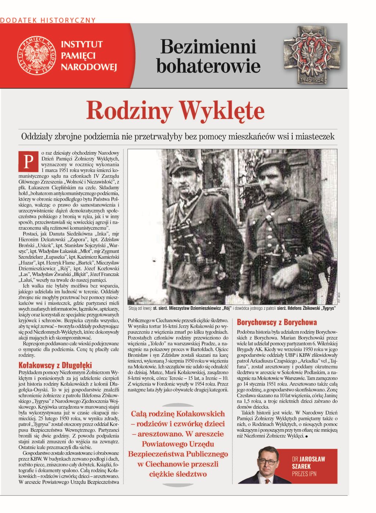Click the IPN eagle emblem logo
point(36,55)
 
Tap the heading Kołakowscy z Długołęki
point(55,365)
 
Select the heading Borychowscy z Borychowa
point(277,322)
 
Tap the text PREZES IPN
point(304,474)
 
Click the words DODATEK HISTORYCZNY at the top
point(48,20)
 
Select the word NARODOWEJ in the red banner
point(88,67)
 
